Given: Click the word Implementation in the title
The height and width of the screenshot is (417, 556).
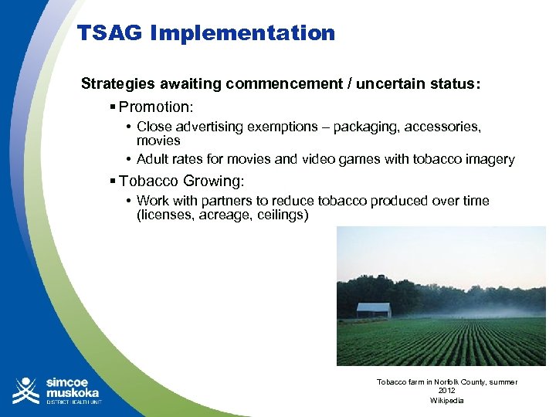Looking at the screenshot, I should click(242, 33).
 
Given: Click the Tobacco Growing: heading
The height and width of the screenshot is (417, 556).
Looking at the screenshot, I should click(181, 181).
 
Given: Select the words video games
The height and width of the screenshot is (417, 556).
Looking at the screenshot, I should click(362, 159).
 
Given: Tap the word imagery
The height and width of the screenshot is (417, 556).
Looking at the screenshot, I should click(488, 159).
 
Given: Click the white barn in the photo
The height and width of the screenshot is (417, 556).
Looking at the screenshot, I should click(373, 310).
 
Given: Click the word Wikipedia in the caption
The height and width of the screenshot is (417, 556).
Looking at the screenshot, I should click(446, 400).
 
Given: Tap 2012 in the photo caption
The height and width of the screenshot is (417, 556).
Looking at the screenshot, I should click(446, 392).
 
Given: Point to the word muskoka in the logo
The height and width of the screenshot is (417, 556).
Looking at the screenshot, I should click(73, 392).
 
